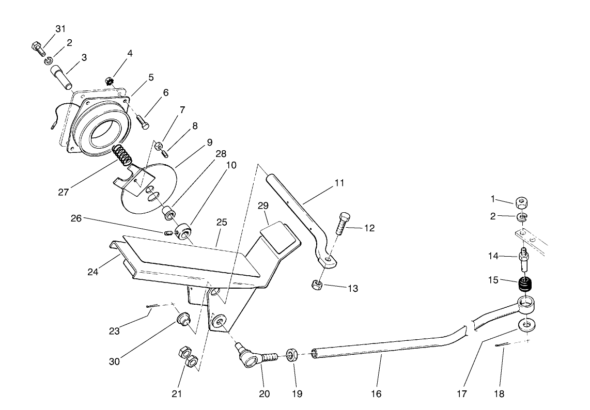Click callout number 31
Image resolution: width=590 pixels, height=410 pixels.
click(60, 28)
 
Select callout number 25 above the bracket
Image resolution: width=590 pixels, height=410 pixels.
click(222, 223)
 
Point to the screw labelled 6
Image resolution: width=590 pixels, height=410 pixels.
click(143, 122)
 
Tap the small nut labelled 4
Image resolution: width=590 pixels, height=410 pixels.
click(110, 81)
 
